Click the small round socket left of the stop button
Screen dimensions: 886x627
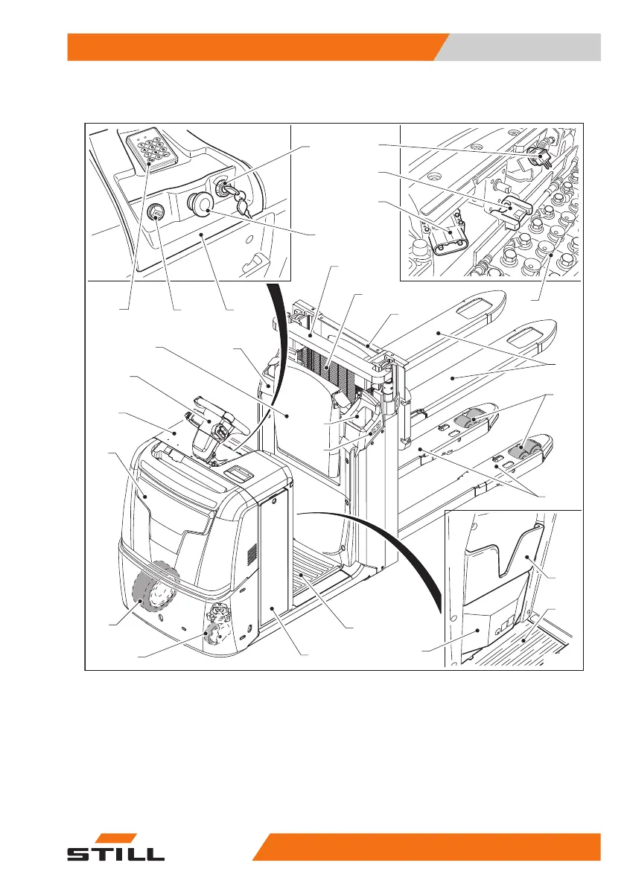click(x=157, y=213)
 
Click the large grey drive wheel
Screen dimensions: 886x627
click(x=154, y=588)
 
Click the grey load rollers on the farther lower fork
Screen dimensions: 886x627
click(x=473, y=421)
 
